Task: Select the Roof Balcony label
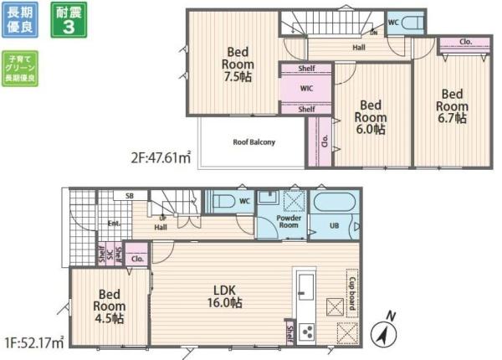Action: coord(254,141)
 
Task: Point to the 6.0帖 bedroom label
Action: coord(371,117)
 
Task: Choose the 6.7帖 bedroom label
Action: coord(451,106)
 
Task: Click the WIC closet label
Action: coord(307,87)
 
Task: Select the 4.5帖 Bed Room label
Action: coord(110,306)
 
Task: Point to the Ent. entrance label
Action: coord(113,224)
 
